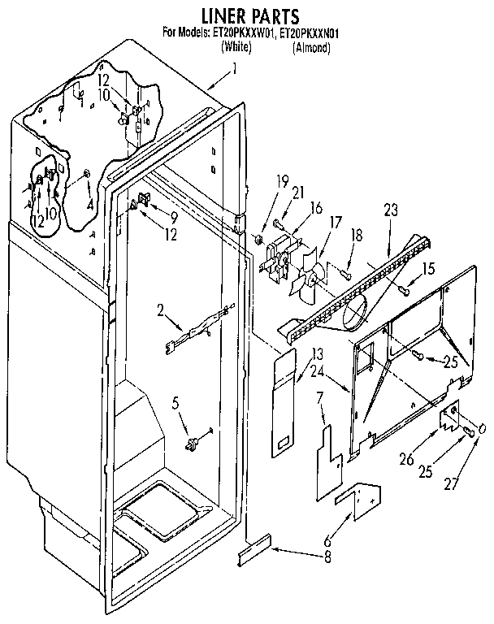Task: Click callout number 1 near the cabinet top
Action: pyautogui.click(x=235, y=71)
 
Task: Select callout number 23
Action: pyautogui.click(x=392, y=210)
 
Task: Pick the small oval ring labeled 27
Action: pyautogui.click(x=483, y=429)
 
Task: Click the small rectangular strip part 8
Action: pyautogui.click(x=253, y=555)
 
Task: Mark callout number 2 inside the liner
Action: pyautogui.click(x=162, y=310)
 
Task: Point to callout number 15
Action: pyautogui.click(x=429, y=268)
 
